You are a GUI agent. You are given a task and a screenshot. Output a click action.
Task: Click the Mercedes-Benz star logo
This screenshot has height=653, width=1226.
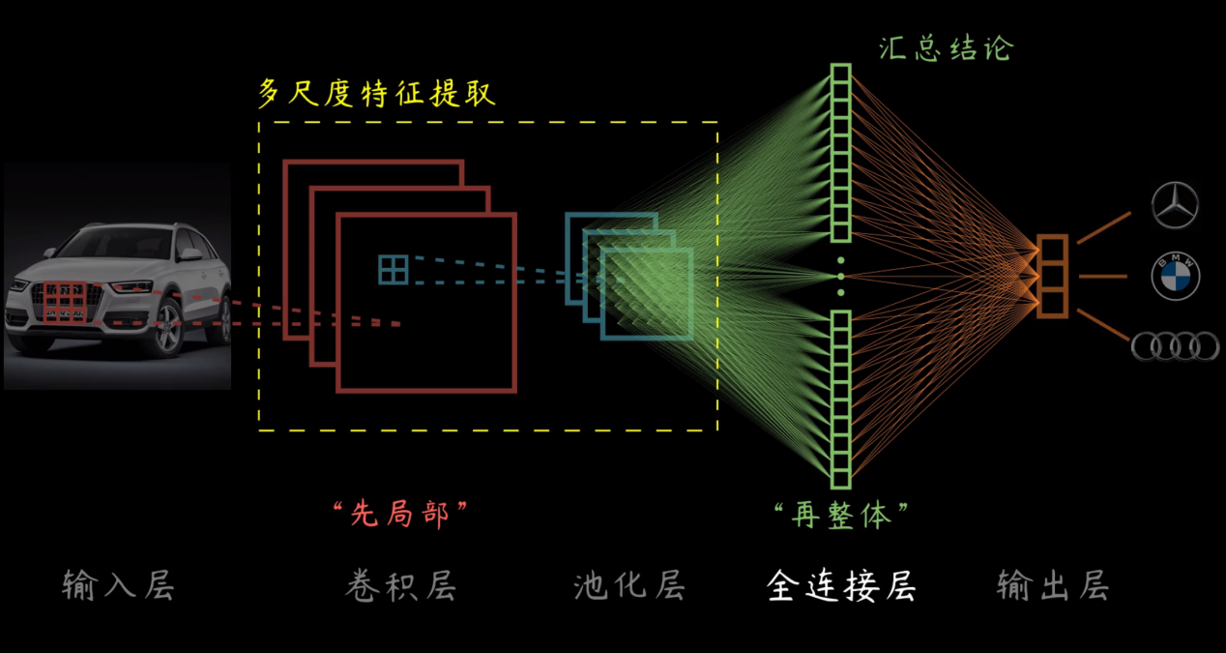1175,205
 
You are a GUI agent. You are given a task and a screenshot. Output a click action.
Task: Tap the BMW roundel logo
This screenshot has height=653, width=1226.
1175,276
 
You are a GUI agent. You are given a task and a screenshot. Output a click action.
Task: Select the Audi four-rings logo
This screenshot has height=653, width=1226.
1175,346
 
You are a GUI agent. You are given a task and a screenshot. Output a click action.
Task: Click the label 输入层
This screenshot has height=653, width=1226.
118,585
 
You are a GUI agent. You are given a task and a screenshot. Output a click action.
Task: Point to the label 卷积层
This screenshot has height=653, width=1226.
401,585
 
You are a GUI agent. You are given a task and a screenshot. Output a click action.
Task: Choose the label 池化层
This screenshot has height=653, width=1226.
630,585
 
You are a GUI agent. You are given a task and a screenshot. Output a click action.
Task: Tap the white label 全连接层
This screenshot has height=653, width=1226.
841,586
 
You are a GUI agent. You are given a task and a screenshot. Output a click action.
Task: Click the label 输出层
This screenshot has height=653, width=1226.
1053,585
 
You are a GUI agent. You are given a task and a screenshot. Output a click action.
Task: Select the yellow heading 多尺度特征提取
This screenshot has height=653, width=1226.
377,93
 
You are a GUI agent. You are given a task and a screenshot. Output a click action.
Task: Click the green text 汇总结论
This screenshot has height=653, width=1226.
947,48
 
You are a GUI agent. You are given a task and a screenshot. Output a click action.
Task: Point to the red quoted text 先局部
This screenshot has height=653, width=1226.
400,514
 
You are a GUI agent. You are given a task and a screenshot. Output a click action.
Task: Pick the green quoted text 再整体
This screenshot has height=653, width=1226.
841,515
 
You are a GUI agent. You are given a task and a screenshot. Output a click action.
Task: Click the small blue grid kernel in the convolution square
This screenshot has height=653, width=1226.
394,269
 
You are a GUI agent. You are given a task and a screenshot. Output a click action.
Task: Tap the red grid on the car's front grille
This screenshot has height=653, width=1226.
65,302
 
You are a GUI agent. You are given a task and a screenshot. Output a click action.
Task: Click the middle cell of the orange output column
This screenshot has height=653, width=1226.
1052,277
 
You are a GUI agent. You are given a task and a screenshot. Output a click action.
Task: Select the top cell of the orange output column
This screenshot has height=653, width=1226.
1052,250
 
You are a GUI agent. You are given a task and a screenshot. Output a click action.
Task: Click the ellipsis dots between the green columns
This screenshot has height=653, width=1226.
840,277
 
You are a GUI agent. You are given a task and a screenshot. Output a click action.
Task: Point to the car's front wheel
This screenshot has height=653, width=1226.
168,328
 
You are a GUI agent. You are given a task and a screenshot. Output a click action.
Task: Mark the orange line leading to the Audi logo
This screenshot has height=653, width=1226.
1104,325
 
